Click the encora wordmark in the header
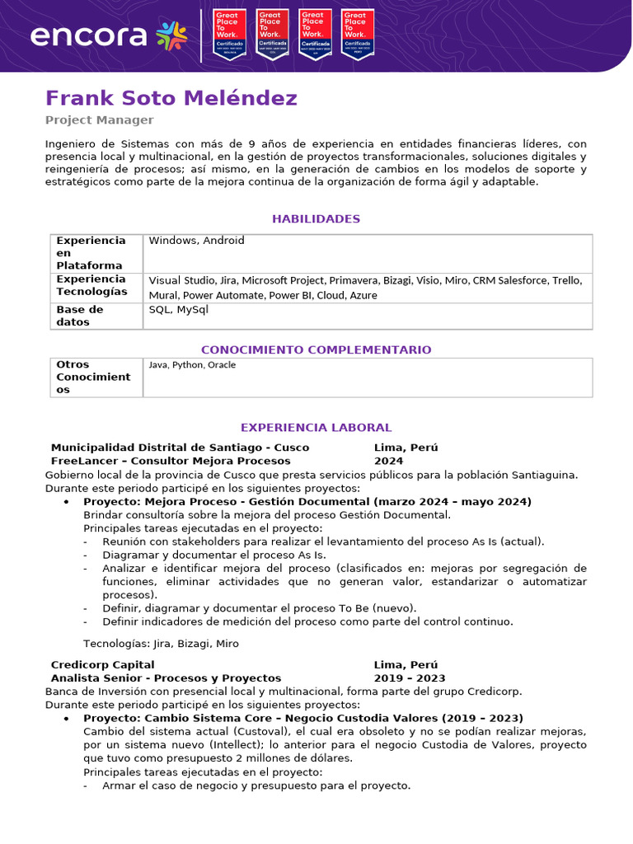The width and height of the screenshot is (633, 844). click(x=88, y=35)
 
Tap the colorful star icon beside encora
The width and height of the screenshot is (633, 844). click(x=171, y=35)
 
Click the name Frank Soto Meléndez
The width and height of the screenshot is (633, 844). click(x=171, y=99)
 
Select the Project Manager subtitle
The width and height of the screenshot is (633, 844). click(x=99, y=120)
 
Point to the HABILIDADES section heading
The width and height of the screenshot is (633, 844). click(x=316, y=219)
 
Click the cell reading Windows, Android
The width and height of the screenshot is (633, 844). click(x=196, y=241)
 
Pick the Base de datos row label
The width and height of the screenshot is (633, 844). click(x=79, y=316)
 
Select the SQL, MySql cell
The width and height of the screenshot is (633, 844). click(x=179, y=310)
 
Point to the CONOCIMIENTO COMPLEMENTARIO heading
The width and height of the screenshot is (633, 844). click(x=316, y=349)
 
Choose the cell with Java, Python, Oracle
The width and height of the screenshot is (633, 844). click(x=192, y=364)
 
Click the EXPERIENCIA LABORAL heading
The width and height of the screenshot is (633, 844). click(x=316, y=428)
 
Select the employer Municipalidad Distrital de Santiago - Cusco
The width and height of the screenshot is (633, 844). click(x=180, y=448)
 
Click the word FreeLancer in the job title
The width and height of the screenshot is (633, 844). click(x=81, y=461)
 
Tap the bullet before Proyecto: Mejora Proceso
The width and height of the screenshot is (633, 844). click(x=67, y=502)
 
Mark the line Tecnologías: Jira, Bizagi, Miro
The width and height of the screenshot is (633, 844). click(x=161, y=644)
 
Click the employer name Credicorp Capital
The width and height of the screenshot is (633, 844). click(x=102, y=664)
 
